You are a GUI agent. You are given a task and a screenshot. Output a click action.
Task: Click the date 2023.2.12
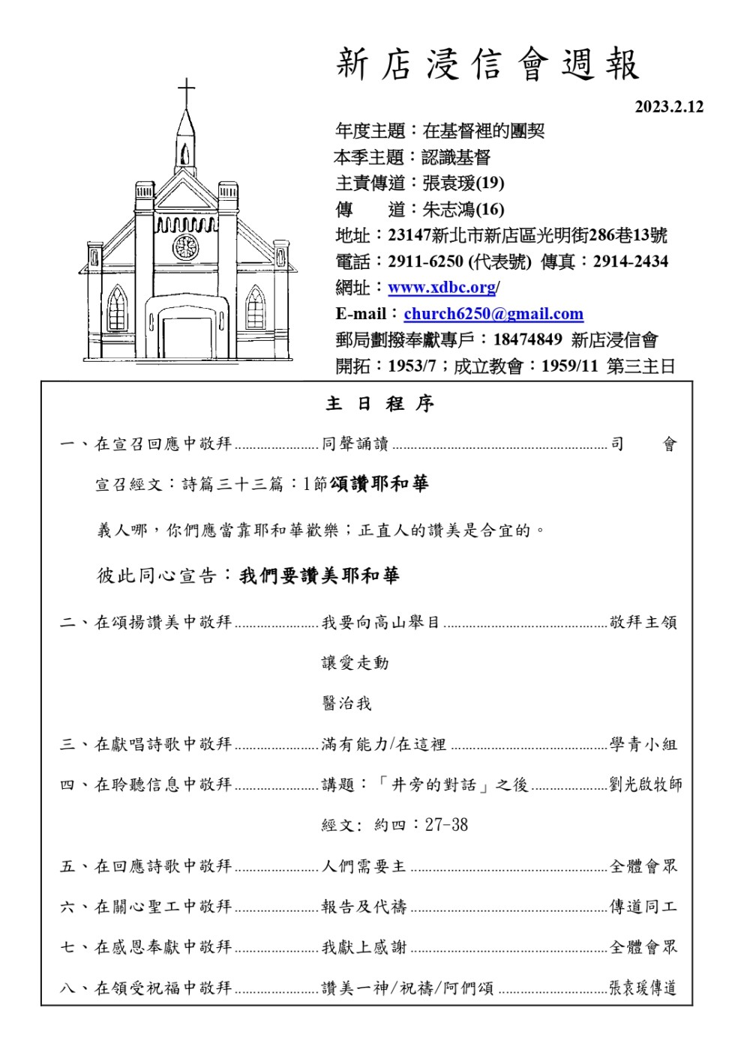point(669,106)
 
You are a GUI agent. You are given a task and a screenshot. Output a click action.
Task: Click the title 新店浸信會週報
point(487,64)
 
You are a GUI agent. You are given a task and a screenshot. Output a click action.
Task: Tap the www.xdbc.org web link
point(442,288)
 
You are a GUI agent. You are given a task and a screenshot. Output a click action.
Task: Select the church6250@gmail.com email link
point(493,314)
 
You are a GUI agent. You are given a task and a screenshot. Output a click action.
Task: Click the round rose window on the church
point(185,247)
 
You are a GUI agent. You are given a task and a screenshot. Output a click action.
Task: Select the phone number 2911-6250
point(425,262)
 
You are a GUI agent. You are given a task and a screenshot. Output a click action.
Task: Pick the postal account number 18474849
point(527,339)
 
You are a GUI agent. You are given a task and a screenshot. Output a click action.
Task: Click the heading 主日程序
point(379,404)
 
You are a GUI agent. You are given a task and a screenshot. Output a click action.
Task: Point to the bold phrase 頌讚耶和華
point(379,484)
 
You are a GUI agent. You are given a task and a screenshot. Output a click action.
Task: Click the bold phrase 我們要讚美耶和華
point(319,575)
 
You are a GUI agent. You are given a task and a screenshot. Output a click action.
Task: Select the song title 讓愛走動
point(355,662)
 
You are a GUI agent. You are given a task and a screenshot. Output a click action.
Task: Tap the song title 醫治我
point(346,703)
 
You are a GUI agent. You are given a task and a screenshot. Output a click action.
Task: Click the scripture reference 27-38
point(446,825)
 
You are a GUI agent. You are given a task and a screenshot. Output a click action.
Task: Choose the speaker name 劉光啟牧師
point(646,785)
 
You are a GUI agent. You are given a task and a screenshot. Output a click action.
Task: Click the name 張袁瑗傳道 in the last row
point(643,988)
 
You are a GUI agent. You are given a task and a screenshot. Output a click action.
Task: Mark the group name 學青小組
point(643,744)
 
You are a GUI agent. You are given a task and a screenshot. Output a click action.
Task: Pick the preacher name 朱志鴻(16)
point(463,209)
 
